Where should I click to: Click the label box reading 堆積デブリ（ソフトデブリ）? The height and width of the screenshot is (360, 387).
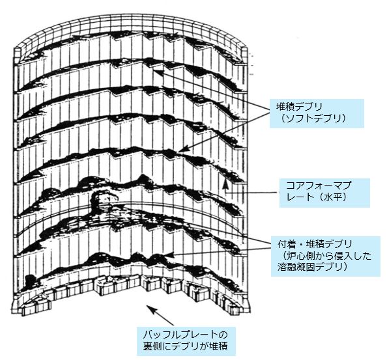[317, 113]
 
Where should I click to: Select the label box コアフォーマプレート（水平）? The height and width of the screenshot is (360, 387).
[324, 193]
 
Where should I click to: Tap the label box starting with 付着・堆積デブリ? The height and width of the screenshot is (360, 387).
[326, 256]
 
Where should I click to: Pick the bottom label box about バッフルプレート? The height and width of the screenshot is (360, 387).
[186, 341]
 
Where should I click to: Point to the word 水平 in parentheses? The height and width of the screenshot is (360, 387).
[334, 198]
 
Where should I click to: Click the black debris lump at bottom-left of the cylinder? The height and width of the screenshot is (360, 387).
[30, 280]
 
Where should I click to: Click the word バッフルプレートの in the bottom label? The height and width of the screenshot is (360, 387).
[185, 335]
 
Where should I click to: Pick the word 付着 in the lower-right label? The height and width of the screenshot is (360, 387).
[286, 244]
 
